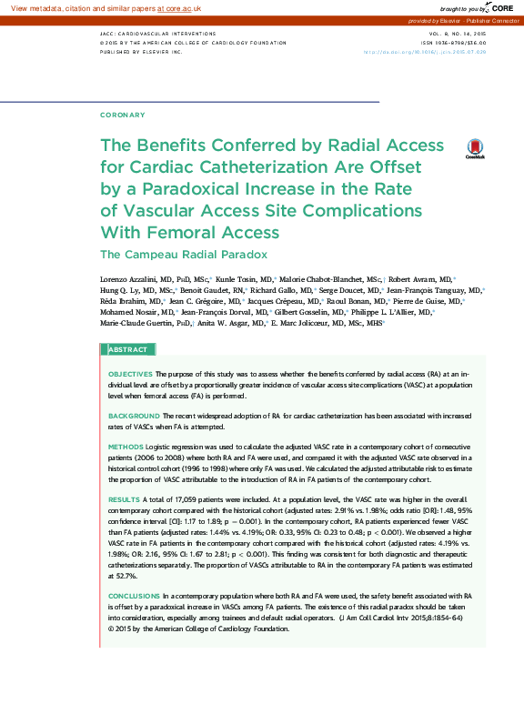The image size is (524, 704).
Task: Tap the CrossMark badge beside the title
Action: pos(475,149)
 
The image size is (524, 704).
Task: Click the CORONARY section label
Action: pos(122,115)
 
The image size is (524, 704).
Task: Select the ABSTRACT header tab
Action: pos(128,350)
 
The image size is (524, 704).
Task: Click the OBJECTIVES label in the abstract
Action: pos(131,374)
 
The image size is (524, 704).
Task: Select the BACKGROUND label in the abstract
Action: pos(134,415)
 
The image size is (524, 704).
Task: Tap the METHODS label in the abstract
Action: pos(126,448)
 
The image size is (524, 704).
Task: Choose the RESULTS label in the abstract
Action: pos(125,500)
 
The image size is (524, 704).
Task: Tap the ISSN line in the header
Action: pos(454,43)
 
